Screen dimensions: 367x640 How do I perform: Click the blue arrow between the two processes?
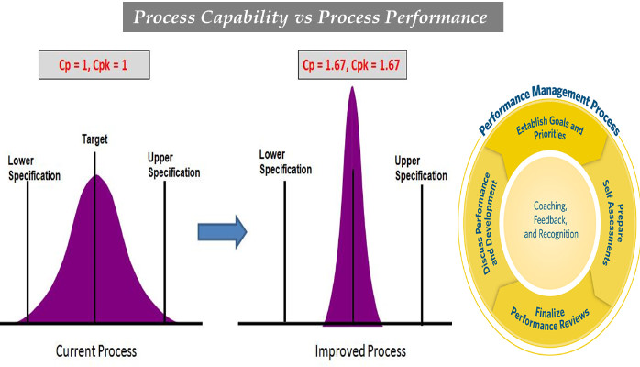pyautogui.click(x=223, y=231)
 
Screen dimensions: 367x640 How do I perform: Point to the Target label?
pyautogui.click(x=94, y=140)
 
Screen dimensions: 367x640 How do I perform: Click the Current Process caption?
pyautogui.click(x=97, y=350)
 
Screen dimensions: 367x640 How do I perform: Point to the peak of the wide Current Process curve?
pyautogui.click(x=94, y=177)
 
